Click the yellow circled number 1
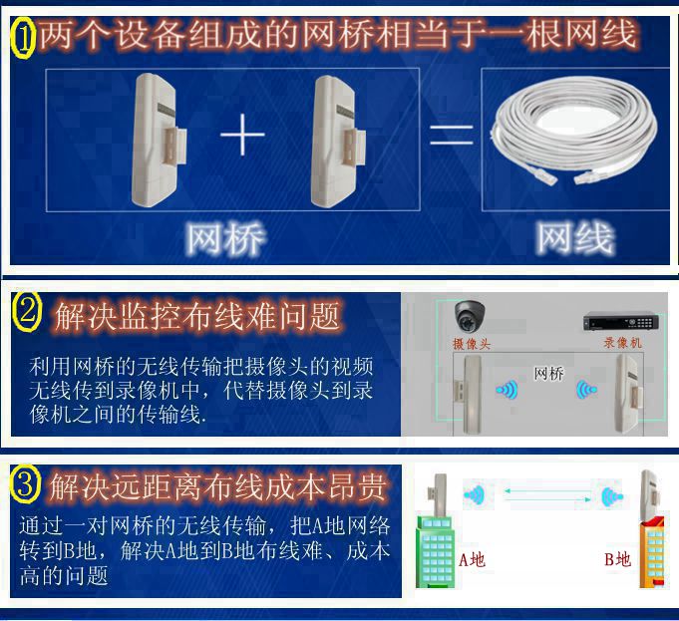pyautogui.click(x=23, y=37)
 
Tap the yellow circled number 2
pyautogui.click(x=26, y=312)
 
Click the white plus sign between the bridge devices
pyautogui.click(x=242, y=134)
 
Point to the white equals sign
pyautogui.click(x=452, y=135)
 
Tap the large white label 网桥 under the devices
pyautogui.click(x=225, y=238)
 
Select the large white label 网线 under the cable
pyautogui.click(x=575, y=238)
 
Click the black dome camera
pyautogui.click(x=470, y=316)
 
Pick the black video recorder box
pyautogui.click(x=621, y=321)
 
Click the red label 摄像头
pyautogui.click(x=472, y=344)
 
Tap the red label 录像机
pyautogui.click(x=623, y=343)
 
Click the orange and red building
pyautogui.click(x=652, y=550)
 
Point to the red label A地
pyautogui.click(x=472, y=560)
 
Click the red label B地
pyautogui.click(x=617, y=559)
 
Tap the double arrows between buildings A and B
pyautogui.click(x=547, y=495)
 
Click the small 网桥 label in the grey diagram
pyautogui.click(x=548, y=373)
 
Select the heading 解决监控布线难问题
pyautogui.click(x=197, y=317)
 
